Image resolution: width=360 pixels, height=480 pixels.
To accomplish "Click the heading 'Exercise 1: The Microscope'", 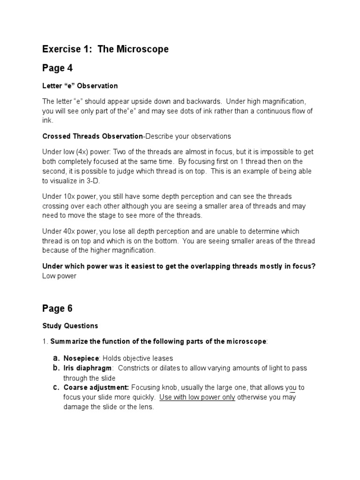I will click(105, 49).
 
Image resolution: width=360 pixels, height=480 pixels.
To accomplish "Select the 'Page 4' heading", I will click(57, 68).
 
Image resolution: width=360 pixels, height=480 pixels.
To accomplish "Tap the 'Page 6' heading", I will click(57, 308).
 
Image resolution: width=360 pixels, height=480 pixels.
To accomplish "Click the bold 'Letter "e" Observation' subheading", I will click(80, 86).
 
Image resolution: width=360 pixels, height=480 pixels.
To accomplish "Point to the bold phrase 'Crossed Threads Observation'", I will click(92, 136).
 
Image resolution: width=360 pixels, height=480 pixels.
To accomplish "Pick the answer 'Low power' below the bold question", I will click(59, 276).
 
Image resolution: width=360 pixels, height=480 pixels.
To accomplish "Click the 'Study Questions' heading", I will click(70, 326).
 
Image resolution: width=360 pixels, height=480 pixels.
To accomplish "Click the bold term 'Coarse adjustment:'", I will click(97, 388).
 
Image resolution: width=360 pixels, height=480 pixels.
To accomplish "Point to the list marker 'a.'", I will click(55, 358).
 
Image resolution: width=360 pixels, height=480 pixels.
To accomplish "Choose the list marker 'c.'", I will click(55, 388).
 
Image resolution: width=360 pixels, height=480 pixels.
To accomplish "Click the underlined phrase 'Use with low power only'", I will click(197, 397).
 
